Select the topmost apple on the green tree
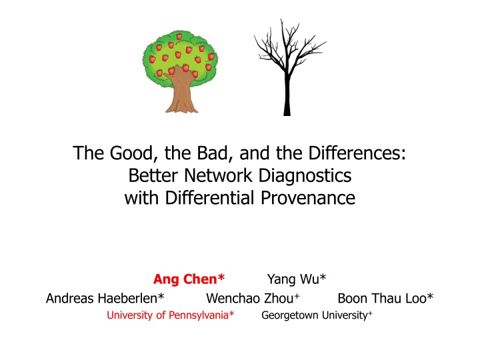[179, 37]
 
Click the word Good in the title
[131, 153]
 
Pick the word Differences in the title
[357, 153]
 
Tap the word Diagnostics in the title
[305, 176]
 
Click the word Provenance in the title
[308, 198]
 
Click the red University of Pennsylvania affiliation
[171, 315]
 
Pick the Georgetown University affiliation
[317, 315]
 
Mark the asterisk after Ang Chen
[221, 277]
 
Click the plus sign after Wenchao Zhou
[297, 296]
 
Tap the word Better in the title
[153, 175]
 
